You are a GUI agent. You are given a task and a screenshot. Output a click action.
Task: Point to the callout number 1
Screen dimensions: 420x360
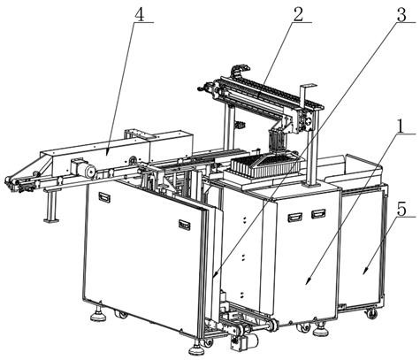[400, 127]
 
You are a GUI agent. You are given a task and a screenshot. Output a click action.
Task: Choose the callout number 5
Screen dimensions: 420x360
[401, 210]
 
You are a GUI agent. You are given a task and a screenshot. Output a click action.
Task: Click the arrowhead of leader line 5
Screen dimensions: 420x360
[364, 271]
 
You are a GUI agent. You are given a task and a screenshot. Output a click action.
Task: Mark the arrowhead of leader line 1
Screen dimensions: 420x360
[309, 280]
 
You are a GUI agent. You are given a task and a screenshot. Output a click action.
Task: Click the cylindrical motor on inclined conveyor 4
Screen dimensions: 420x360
[88, 171]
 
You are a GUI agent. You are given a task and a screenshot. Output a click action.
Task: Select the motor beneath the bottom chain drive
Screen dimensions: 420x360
[244, 341]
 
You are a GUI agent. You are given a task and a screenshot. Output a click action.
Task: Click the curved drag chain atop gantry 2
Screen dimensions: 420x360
[241, 70]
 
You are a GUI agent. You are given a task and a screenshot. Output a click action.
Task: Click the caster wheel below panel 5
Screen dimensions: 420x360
[372, 314]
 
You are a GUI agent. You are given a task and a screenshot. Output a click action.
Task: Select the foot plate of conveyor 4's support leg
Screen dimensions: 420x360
[51, 219]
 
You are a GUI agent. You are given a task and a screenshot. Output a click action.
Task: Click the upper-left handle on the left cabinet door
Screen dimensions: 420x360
[104, 196]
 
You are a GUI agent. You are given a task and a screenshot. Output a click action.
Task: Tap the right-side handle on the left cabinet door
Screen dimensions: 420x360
[184, 225]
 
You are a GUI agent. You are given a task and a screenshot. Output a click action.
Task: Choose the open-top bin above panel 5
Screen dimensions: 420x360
[354, 170]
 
